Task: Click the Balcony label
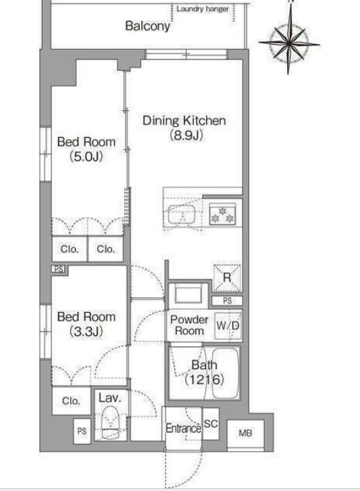point(147,26)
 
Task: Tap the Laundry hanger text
point(203,9)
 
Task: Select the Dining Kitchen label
point(184,121)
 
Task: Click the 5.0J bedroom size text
point(86,156)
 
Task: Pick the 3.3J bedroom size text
point(86,331)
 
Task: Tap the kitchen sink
point(182,214)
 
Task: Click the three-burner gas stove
point(223,214)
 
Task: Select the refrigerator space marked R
point(227,278)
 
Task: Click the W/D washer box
point(228,326)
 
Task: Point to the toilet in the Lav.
point(111,423)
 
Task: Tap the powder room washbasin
point(188,294)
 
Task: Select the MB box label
point(245,433)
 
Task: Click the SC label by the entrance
point(211,423)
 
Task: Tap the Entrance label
point(184,428)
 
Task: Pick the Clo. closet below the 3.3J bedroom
point(71,400)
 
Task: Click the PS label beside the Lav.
point(82,431)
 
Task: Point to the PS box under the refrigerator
point(227,301)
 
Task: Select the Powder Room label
point(189,325)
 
